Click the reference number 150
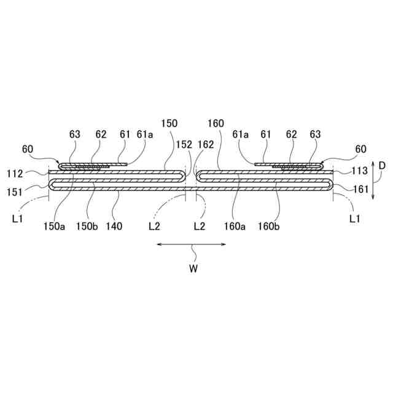pos(169,123)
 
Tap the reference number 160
pos(216,123)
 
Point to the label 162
pos(206,145)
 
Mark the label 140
pos(114,226)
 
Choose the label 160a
pos(235,226)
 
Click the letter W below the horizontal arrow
pos(193,268)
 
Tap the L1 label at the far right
pos(354,218)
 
